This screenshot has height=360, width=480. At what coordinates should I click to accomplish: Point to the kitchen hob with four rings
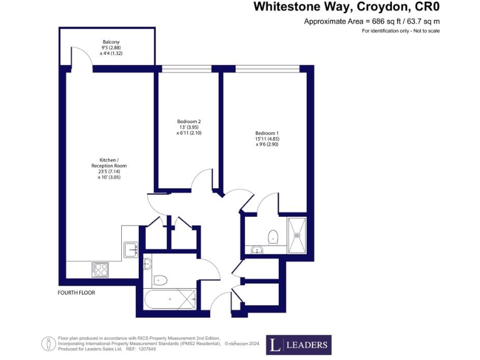[99, 269]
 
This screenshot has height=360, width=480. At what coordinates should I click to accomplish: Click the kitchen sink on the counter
[131, 249]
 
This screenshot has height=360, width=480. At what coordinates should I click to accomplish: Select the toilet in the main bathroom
[160, 279]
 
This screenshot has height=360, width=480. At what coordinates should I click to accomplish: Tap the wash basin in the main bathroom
[147, 262]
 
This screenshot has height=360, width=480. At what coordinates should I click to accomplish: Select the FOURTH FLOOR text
[76, 292]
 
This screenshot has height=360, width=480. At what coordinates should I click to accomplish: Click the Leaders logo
[299, 345]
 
